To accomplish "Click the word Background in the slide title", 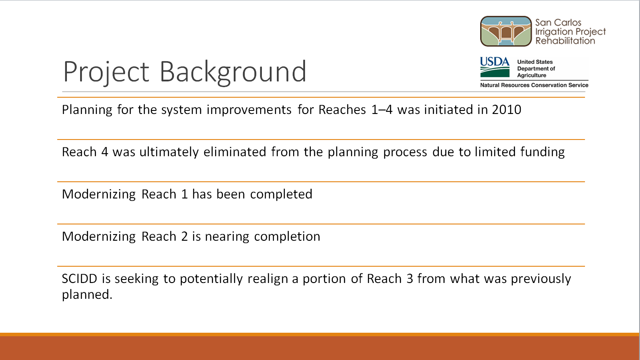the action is pos(233,72).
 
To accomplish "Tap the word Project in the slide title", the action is pos(106,73).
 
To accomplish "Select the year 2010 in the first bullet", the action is pos(507,110).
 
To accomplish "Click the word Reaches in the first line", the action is pos(342,110).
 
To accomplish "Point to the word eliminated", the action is pos(235,152).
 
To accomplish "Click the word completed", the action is pos(281,195).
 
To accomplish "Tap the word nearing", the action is pos(227,237).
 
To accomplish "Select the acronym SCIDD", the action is pos(79,279).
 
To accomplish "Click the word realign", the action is pos(268,279).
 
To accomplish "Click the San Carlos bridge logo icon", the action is pos(506,31).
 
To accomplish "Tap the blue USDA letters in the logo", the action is pos(495,62).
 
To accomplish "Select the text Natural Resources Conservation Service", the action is pos(534,85).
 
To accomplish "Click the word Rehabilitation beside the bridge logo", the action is pos(565,41).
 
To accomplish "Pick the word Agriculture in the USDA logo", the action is pos(531,75).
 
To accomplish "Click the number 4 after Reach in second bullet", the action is pos(105,152).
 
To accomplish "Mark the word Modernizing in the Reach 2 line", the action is pos(99,237).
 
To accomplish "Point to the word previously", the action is pos(541,279).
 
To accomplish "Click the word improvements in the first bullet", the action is pos(249,110).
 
